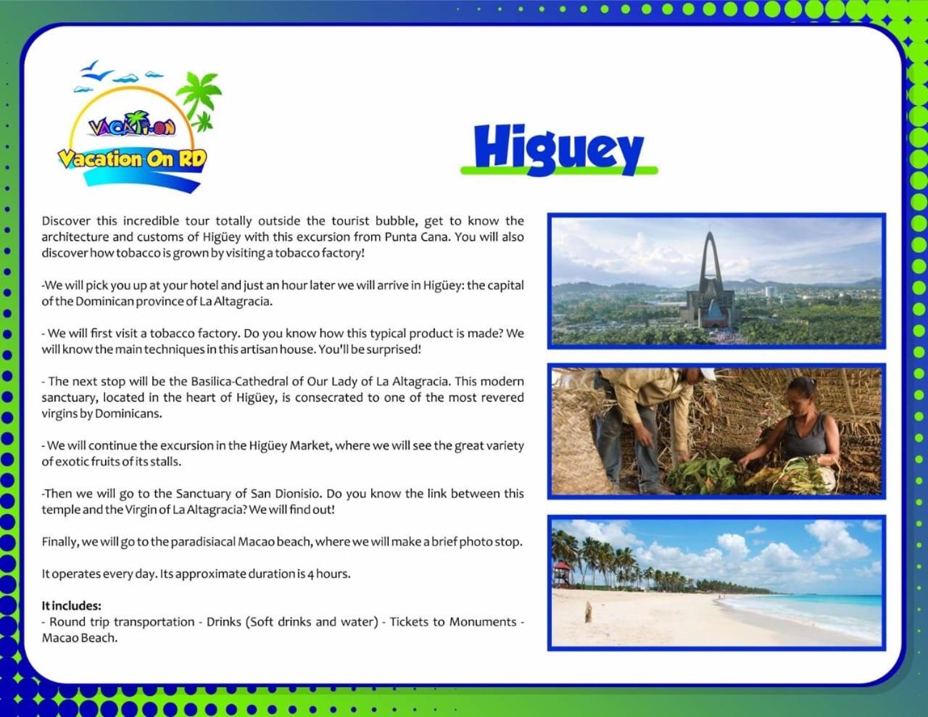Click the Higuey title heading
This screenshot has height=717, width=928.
(558, 149)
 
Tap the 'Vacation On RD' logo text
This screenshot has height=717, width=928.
(133, 159)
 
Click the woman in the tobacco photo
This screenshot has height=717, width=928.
(795, 431)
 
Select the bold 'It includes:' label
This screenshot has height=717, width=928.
(71, 605)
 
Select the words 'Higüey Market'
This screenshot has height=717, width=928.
(289, 446)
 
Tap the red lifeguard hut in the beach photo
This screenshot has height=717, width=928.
(562, 573)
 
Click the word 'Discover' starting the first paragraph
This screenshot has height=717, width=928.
(66, 221)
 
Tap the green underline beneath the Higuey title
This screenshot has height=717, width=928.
(559, 170)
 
